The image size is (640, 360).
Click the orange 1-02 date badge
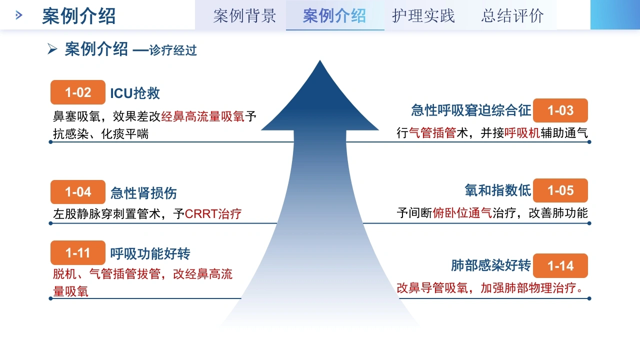(x=77, y=92)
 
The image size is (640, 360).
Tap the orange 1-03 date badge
(x=560, y=110)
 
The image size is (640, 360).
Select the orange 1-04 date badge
(x=77, y=192)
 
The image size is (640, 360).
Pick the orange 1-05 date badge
(x=560, y=190)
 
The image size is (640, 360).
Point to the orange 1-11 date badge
(x=77, y=252)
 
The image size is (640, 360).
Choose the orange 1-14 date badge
(x=560, y=265)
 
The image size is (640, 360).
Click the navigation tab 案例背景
(x=244, y=15)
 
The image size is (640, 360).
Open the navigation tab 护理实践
(x=423, y=15)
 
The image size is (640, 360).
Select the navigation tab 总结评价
(x=512, y=15)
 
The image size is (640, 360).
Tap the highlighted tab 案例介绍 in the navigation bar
(x=334, y=15)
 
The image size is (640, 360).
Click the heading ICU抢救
(x=135, y=93)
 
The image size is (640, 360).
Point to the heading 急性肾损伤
(x=143, y=193)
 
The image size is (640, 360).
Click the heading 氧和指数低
(x=497, y=190)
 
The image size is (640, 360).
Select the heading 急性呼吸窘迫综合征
(x=471, y=110)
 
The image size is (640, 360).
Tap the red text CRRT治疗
(x=213, y=213)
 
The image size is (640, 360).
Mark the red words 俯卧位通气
(x=462, y=213)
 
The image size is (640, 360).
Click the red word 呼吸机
(x=522, y=133)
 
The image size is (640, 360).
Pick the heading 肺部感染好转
(x=491, y=265)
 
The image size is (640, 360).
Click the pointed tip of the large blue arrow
(x=320, y=60)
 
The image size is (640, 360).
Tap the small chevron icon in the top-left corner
(x=19, y=15)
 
